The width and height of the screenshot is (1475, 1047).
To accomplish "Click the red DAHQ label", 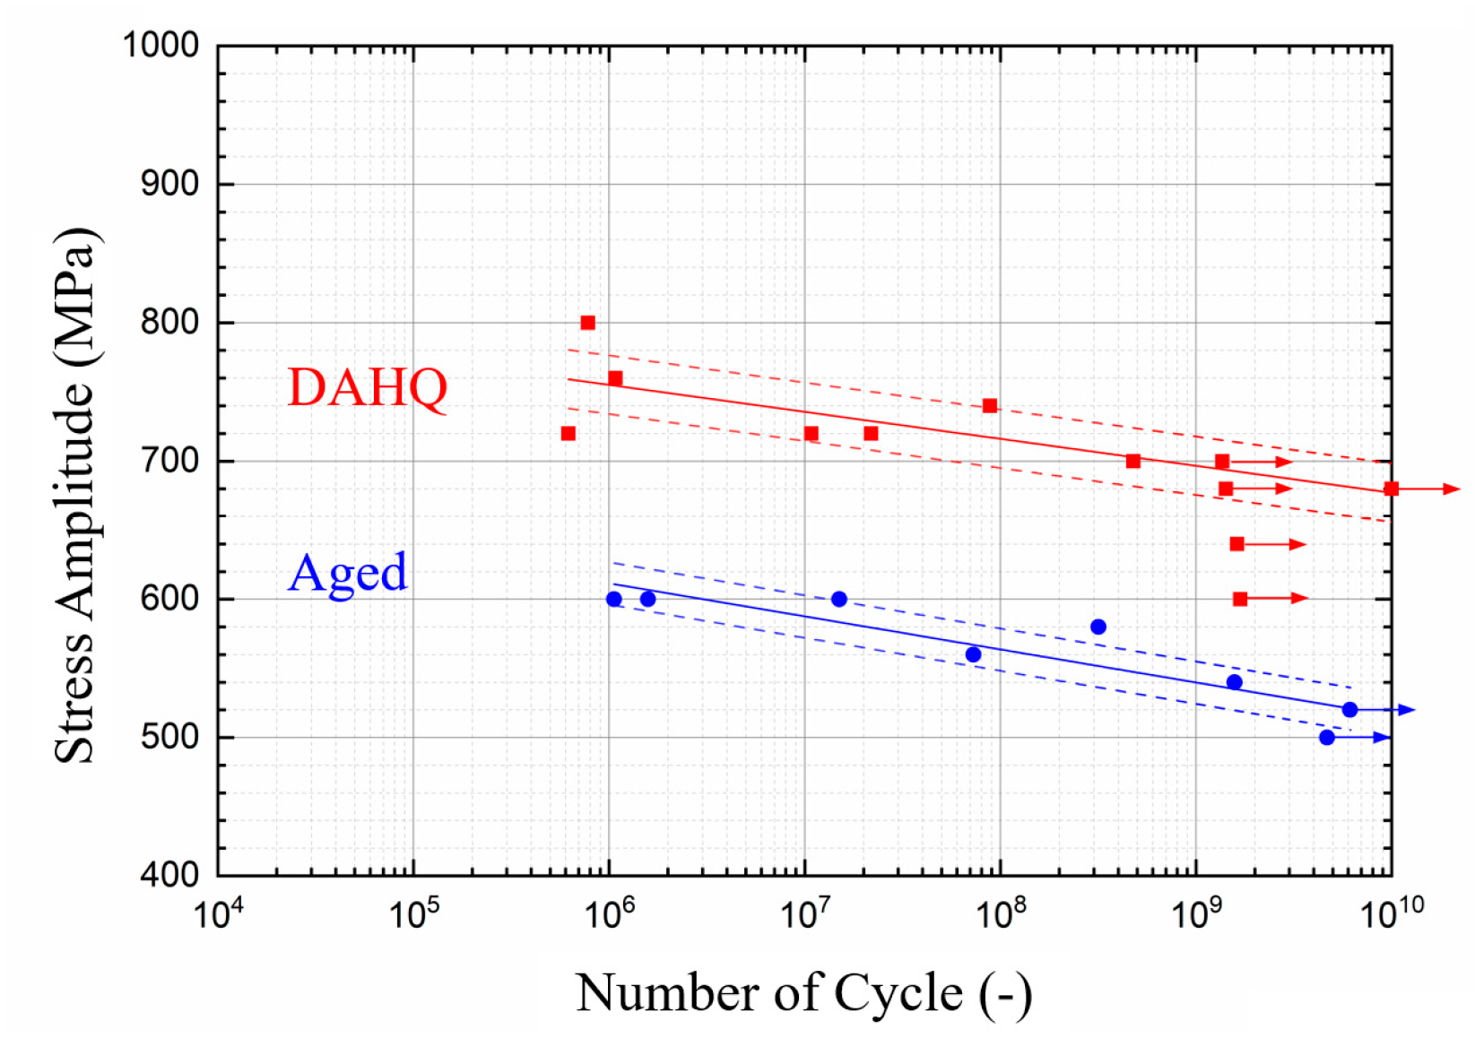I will click(367, 388).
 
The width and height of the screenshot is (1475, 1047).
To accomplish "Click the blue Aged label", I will click(348, 573).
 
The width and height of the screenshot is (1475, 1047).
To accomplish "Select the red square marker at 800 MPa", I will click(588, 323).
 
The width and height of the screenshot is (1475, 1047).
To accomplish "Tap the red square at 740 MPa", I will click(990, 406).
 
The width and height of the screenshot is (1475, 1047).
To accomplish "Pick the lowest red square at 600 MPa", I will click(1240, 599).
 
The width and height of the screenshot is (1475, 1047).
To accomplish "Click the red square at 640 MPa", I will click(1237, 544).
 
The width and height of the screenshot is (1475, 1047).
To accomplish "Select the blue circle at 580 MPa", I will click(1098, 627).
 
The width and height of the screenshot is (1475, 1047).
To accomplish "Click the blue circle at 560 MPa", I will click(973, 654).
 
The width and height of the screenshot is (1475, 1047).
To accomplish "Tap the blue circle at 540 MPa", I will click(1235, 682).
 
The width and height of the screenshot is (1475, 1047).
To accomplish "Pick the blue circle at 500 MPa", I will click(1327, 738).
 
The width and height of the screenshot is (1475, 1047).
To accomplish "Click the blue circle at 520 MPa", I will click(1349, 710).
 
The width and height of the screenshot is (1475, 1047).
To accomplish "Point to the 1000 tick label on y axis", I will click(161, 45).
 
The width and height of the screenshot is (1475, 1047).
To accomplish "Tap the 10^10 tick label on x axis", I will click(1391, 914).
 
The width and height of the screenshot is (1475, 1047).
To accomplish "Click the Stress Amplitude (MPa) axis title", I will click(76, 495).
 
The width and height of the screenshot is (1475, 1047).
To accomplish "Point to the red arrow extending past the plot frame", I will click(1430, 489).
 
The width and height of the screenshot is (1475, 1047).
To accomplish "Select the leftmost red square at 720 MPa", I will click(568, 434).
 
